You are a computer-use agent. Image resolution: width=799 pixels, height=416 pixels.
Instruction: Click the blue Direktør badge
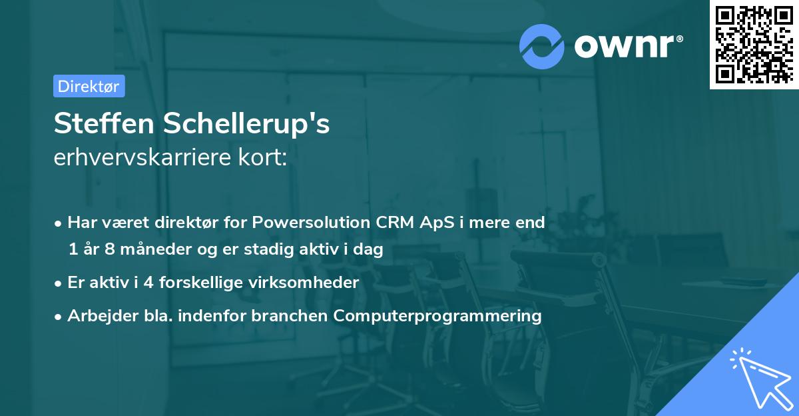coord(89,86)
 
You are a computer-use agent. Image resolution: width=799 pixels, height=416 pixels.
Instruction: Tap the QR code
coord(754,45)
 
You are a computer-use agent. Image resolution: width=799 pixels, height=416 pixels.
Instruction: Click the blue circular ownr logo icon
coord(541,47)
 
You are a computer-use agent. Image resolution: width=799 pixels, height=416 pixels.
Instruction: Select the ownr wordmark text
coord(625,47)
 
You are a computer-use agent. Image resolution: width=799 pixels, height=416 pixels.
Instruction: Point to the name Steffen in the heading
coord(104,123)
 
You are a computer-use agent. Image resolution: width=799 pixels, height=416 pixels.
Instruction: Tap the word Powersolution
coord(311,223)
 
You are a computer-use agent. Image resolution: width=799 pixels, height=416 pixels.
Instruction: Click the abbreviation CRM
coord(394,223)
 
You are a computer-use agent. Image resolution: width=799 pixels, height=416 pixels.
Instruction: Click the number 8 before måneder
coord(109,249)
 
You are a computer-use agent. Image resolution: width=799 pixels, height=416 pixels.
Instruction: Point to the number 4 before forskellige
coord(148,283)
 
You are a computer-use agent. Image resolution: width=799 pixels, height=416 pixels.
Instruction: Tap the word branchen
coord(289,315)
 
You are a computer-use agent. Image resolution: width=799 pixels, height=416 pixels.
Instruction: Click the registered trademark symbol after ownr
coord(679,39)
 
